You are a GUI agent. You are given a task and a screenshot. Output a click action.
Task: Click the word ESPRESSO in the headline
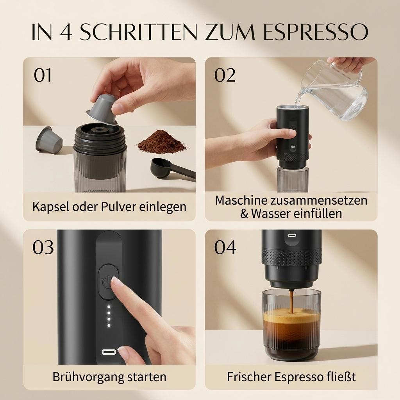click(x=316, y=32)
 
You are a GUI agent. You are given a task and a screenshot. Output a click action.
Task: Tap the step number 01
click(x=43, y=75)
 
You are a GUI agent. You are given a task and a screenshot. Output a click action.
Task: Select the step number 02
click(x=225, y=75)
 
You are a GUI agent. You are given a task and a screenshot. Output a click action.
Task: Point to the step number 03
click(x=43, y=247)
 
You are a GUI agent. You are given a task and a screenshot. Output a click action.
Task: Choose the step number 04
click(x=225, y=247)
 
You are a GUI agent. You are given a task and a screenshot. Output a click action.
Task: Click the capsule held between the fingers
click(x=102, y=109)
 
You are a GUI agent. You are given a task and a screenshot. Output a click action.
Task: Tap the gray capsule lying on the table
click(x=49, y=139)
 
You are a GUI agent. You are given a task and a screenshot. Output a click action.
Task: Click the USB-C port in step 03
click(x=109, y=352)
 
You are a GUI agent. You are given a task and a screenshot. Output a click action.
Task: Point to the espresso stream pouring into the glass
click(x=291, y=301)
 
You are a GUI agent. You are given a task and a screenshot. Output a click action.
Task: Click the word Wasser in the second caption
click(x=271, y=214)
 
